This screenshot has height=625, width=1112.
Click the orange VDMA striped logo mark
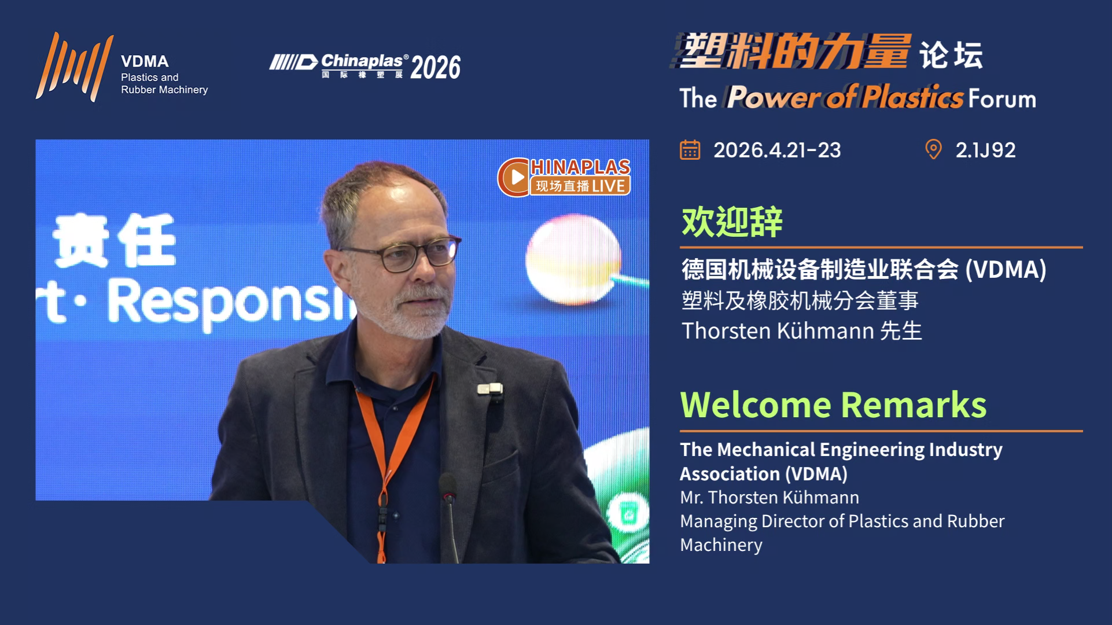[x=74, y=67]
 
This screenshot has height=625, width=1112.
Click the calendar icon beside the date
[x=690, y=150]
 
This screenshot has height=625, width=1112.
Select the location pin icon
[x=933, y=149]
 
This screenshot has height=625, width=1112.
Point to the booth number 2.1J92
[x=985, y=150]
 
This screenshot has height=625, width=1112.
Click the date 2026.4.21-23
[x=777, y=150]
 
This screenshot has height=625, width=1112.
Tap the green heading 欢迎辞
[x=732, y=222]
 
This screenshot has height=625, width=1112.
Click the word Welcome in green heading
[x=756, y=405]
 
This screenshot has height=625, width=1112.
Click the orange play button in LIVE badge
[x=514, y=177]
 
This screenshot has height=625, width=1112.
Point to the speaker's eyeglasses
[x=399, y=255]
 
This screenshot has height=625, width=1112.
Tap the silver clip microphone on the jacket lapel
[x=490, y=389]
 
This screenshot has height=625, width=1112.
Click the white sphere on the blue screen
[x=573, y=257]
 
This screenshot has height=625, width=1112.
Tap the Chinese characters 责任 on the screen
[x=114, y=240]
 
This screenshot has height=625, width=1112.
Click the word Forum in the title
[x=1002, y=99]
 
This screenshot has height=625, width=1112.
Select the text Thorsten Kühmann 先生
[x=802, y=331]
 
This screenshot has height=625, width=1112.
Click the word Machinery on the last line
[x=721, y=545]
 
